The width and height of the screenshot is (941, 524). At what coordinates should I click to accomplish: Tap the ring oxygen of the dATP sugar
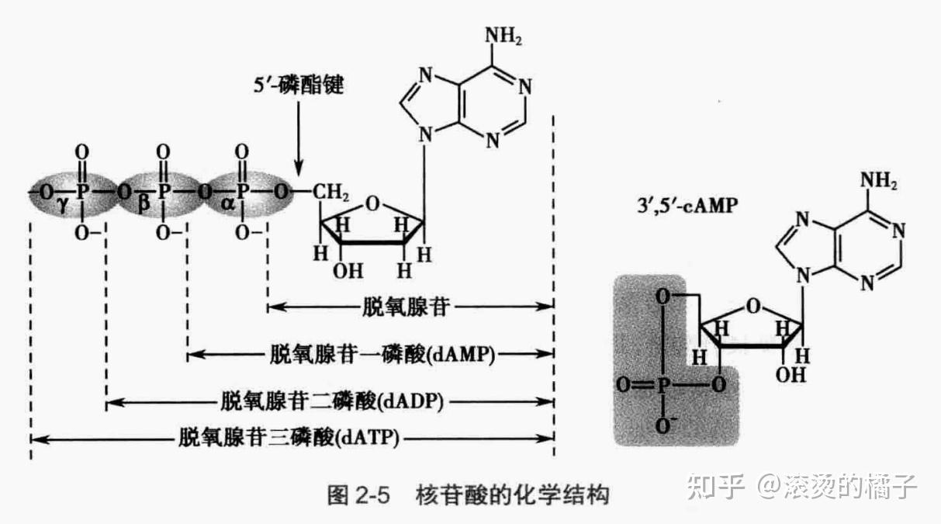click(x=373, y=204)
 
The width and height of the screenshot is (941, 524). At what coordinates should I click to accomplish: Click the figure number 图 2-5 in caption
click(x=358, y=495)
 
